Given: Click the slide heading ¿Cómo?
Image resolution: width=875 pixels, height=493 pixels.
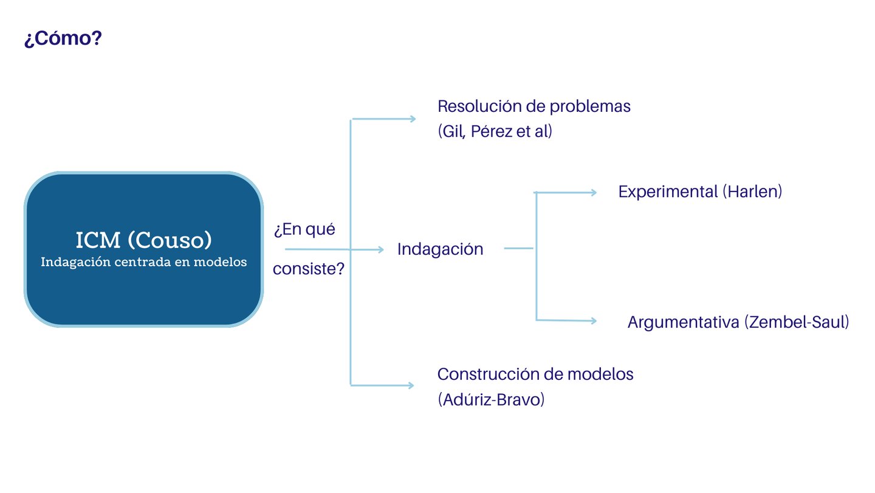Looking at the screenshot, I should [63, 39].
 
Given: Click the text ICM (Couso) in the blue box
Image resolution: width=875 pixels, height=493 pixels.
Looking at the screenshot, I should [143, 240].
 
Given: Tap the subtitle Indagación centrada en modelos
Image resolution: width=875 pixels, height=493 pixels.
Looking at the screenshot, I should [143, 263].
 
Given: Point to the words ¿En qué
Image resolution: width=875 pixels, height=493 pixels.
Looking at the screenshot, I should [304, 230].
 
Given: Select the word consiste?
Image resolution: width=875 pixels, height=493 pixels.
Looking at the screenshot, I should [309, 269].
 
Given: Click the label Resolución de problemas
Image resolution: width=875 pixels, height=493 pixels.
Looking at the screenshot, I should [534, 106].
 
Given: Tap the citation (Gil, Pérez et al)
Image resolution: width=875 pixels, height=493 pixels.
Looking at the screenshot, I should [495, 131].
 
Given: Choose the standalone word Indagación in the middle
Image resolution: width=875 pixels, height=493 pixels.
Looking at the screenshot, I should [440, 249].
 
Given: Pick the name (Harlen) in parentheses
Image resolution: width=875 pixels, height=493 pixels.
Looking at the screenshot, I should [752, 192].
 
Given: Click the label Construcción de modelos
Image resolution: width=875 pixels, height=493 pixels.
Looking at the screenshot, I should [535, 374].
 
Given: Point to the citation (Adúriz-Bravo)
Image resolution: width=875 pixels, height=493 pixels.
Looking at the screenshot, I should [491, 401].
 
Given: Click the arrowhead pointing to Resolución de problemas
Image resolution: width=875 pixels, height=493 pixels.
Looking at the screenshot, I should [412, 119].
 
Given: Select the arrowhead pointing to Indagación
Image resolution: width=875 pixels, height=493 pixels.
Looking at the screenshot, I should [381, 249].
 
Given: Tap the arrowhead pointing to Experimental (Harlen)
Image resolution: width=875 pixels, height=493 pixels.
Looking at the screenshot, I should [593, 193].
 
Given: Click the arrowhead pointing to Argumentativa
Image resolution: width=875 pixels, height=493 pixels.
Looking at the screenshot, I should [594, 320].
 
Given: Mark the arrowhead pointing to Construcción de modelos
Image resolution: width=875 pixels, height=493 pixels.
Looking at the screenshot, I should [411, 385].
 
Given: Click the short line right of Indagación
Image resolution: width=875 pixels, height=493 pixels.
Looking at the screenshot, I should [518, 248].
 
